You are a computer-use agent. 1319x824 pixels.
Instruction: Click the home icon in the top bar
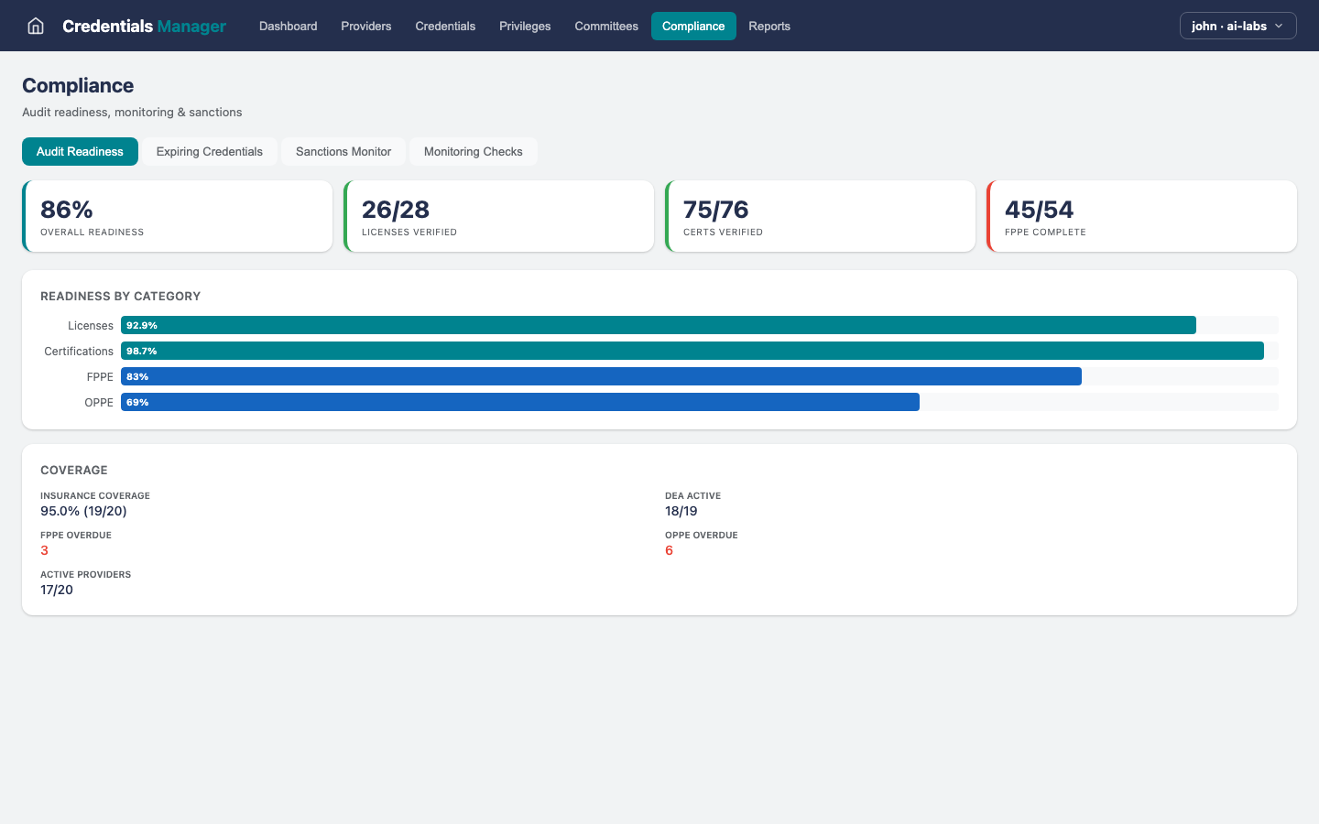click(36, 26)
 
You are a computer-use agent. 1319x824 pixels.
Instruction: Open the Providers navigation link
click(365, 26)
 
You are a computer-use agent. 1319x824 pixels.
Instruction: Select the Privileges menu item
click(525, 26)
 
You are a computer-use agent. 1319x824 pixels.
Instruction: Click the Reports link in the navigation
click(769, 26)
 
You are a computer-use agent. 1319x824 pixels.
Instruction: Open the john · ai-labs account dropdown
click(1237, 26)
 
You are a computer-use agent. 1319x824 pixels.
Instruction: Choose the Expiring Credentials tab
click(209, 152)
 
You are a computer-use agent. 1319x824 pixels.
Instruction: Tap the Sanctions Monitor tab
click(343, 152)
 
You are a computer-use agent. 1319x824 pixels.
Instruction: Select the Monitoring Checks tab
click(473, 152)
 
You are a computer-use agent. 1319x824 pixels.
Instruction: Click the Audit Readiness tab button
click(80, 152)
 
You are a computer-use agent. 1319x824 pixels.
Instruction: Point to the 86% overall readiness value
click(67, 210)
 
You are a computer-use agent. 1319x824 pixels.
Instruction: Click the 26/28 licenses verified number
click(396, 210)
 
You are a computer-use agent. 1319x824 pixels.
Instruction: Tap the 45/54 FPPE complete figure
click(1039, 210)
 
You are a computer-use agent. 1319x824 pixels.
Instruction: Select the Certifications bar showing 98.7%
click(692, 351)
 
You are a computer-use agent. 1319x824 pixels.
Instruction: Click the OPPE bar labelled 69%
click(519, 402)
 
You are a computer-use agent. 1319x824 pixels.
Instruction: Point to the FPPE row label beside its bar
click(100, 376)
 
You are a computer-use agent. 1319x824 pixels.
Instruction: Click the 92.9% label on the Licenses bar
click(142, 325)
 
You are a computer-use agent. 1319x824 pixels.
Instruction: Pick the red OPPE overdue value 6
click(669, 550)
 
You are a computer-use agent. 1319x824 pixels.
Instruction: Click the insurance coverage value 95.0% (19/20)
click(83, 511)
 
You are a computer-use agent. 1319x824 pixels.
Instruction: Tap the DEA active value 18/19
click(681, 511)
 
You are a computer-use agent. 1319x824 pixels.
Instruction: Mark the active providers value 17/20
click(57, 590)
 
